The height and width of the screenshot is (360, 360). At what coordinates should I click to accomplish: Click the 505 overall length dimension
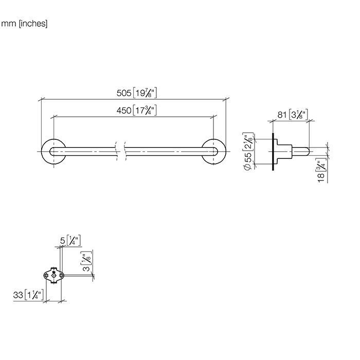point(124,93)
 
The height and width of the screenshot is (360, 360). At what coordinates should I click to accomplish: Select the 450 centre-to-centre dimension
point(124,111)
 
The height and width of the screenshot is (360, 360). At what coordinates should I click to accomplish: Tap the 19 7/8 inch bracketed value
point(145,93)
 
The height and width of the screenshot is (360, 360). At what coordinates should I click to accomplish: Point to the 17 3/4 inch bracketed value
point(145,111)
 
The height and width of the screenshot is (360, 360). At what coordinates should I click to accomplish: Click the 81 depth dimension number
point(282,115)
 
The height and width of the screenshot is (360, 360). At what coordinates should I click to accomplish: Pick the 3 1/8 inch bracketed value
point(298,114)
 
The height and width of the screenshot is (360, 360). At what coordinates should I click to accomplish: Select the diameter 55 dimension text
point(248,160)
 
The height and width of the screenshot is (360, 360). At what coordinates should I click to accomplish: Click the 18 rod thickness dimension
point(321,177)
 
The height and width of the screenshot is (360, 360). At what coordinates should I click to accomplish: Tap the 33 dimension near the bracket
point(18,295)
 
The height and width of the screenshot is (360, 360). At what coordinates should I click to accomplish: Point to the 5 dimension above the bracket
point(63,241)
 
